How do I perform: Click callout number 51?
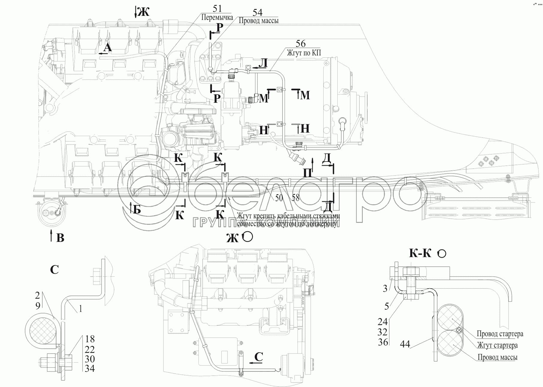point(218,9)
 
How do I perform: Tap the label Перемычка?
point(217,17)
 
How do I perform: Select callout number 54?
point(257,12)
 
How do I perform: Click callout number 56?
point(301,44)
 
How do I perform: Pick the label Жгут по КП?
point(304,53)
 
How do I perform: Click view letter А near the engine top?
point(107,48)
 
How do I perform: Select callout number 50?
point(279,197)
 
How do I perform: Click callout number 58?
point(295,197)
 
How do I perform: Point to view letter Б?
point(136,210)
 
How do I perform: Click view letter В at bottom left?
point(60,238)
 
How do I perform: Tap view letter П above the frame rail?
point(308,173)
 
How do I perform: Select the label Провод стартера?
point(500,334)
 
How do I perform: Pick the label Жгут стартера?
point(497,345)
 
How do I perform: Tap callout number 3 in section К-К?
point(385,288)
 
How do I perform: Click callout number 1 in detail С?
point(80,309)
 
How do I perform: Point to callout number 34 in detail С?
point(90,369)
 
